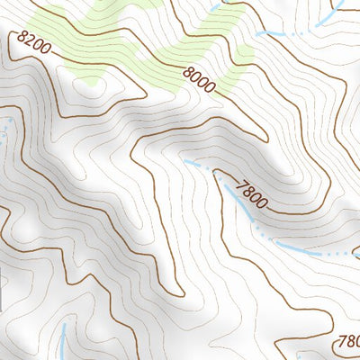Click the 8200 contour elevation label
[x=33, y=43]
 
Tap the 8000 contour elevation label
[x=199, y=80]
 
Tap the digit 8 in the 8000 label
[x=187, y=72]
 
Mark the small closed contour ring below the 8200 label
[x=91, y=83]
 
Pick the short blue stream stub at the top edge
[x=215, y=6]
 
